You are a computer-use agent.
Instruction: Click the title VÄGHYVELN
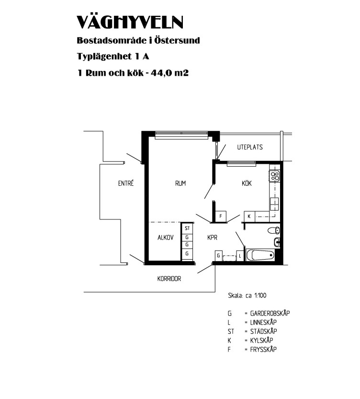pos(130,22)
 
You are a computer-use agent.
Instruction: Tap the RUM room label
pos(180,183)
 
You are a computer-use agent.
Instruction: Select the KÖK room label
pos(247,182)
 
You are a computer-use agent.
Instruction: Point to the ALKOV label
pos(166,238)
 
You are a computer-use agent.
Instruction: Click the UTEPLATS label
pos(250,147)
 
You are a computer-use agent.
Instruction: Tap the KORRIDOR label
pos(169,279)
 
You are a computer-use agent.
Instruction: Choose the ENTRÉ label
pos(126,183)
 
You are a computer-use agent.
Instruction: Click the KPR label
pos(212,238)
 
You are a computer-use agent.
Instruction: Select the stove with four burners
pos(275,176)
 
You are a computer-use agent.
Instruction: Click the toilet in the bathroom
pos(273,230)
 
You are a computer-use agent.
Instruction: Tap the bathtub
pos(260,255)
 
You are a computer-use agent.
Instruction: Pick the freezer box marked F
pos(221,217)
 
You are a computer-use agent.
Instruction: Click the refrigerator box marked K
pos(249,217)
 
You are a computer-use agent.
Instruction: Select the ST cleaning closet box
pos(187,228)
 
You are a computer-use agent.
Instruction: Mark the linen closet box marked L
pos(240,256)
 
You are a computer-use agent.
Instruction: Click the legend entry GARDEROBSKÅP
pos(270,313)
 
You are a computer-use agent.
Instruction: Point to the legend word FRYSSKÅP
pos(263,349)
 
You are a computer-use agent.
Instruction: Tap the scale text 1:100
pos(260,296)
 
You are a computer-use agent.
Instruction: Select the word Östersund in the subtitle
pos(177,40)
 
